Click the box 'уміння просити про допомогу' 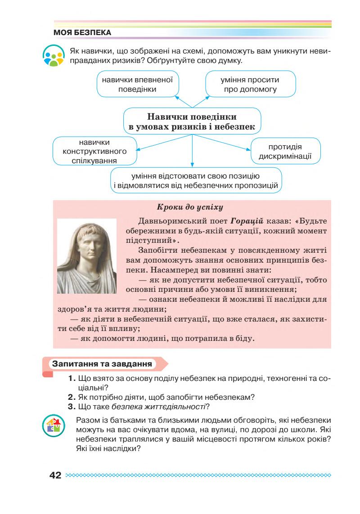[x=251, y=84]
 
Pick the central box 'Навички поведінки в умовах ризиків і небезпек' [x=192, y=121]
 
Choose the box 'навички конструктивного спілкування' [x=94, y=151]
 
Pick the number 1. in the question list [x=72, y=379]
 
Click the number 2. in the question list [x=72, y=397]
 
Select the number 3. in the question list [x=72, y=407]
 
